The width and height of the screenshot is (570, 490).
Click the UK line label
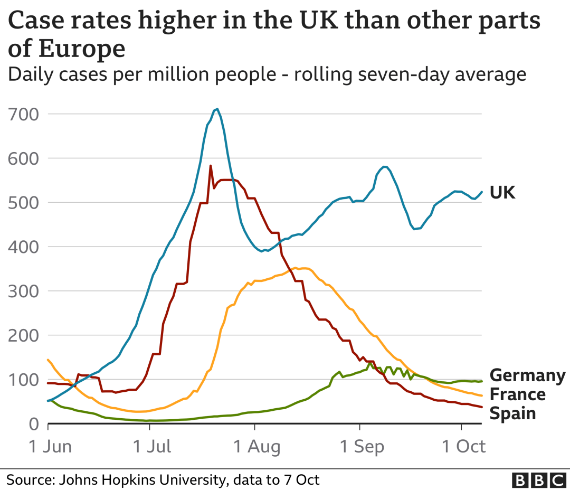(502, 193)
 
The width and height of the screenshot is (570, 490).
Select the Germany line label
(527, 375)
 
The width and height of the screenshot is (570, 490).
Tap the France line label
(517, 394)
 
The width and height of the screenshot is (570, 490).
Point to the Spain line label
(512, 413)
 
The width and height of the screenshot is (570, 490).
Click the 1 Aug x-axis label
(256, 447)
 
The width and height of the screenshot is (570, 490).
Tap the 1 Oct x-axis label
(462, 447)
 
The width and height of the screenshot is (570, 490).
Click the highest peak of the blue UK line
(217, 109)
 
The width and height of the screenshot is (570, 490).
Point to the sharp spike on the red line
(211, 166)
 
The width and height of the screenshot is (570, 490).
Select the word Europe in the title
(82, 49)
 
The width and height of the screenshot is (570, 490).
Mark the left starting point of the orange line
(48, 360)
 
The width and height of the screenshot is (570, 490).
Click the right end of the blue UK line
(481, 192)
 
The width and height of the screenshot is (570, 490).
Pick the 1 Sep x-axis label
(362, 447)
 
